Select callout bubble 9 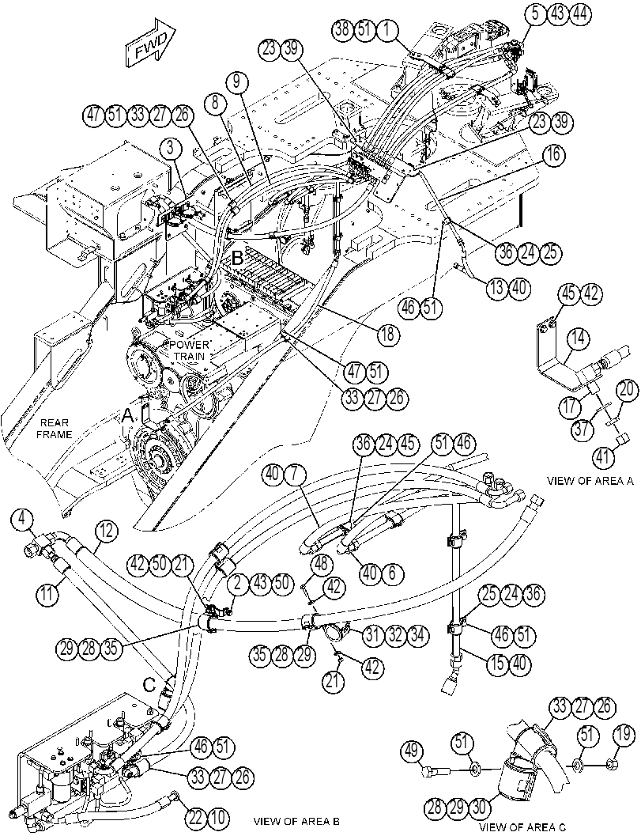tap(236, 82)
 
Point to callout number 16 tap(553, 156)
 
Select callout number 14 tap(579, 338)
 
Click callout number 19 tap(625, 751)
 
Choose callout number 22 tap(196, 817)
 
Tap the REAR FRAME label tap(53, 429)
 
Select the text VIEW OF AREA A tap(590, 480)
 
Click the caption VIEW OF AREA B tap(296, 820)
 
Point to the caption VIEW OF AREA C tap(522, 827)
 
